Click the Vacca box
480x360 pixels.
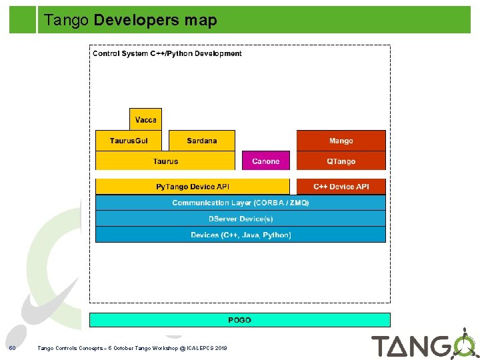point(145,119)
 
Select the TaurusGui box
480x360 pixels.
point(129,141)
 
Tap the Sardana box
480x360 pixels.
point(201,141)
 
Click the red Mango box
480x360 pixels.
point(341,141)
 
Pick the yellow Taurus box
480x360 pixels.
point(165,161)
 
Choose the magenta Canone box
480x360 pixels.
point(265,161)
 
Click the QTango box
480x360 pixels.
point(341,161)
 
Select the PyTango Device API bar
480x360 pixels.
point(192,187)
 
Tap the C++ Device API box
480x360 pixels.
point(341,187)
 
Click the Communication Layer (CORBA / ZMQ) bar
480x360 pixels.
point(240,203)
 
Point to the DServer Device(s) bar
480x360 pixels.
point(240,219)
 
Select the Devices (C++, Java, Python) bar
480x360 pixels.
point(240,235)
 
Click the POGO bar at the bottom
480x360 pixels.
point(239,320)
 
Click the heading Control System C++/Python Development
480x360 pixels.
point(167,53)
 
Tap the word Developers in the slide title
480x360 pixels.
point(137,21)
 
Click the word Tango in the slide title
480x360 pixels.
point(66,21)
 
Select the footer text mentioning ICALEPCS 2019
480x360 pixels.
point(132,348)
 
